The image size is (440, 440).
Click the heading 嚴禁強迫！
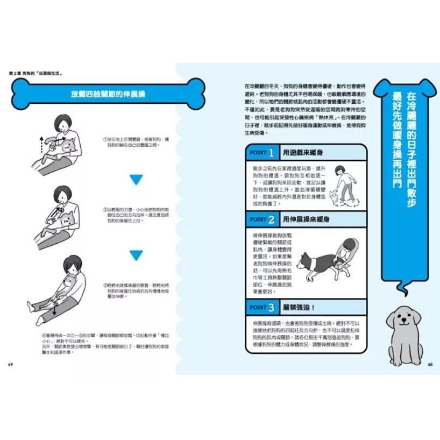pos(301,308)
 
